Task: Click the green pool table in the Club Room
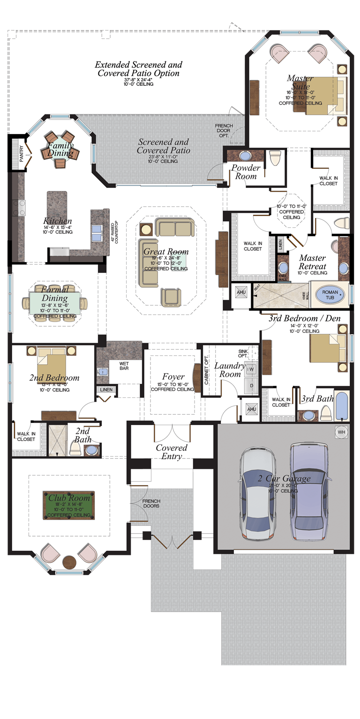tap(68, 505)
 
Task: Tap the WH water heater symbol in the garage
tap(341, 432)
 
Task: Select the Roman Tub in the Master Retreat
tap(330, 295)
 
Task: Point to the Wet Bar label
tap(124, 366)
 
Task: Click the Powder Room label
tap(246, 172)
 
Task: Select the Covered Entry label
tap(172, 452)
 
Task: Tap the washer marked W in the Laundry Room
tap(251, 369)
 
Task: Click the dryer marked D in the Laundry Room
tap(251, 385)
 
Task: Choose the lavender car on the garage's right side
tap(307, 491)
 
